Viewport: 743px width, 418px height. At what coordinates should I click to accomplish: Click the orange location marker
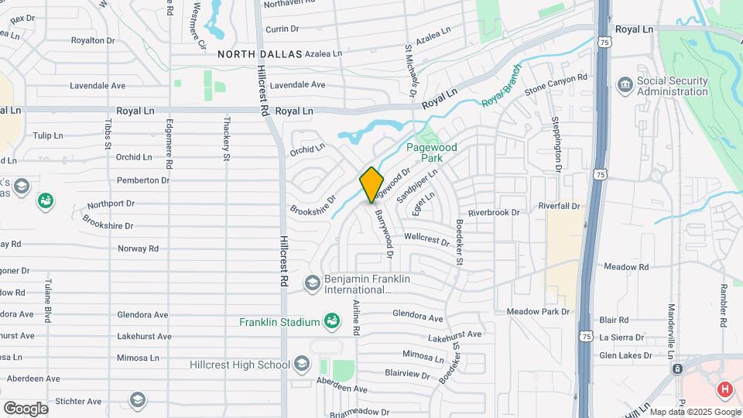coord(371,184)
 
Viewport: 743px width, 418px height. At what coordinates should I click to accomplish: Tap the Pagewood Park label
coord(433,152)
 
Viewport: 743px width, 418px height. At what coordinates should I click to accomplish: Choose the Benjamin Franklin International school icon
coord(311,283)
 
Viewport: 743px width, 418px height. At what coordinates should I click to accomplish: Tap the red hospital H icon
coord(725,390)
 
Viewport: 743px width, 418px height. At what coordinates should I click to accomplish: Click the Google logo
coord(26,408)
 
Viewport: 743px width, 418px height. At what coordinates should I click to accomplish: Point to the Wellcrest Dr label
coord(426,241)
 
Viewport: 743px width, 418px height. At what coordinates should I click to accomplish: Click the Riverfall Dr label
coord(559,206)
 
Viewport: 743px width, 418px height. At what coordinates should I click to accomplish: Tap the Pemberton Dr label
coord(143,180)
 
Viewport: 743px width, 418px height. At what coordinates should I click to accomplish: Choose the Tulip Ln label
coord(48,135)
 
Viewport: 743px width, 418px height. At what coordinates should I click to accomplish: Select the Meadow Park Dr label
coord(538,311)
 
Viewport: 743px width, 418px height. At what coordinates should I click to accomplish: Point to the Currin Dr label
coord(282,29)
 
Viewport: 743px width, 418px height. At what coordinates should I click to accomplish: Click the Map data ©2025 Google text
coord(693,412)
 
